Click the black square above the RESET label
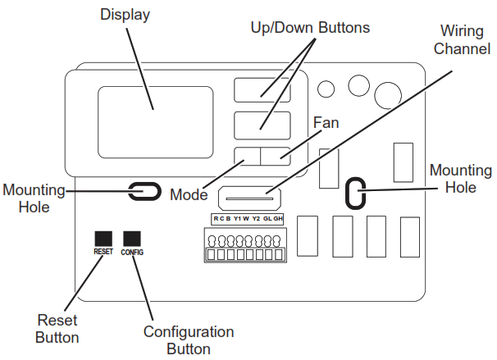pos(103,239)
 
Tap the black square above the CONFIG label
pos(132,239)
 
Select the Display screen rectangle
pos(155,122)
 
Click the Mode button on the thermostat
pos(247,157)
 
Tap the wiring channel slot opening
pos(249,198)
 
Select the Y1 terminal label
pos(237,219)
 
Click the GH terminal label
pos(278,219)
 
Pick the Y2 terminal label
pos(256,219)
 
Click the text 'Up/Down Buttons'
pos(310,28)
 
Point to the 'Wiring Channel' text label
pos(462,40)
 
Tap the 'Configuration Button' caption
pos(189,340)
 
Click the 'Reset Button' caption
pos(57,329)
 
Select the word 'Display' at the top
pos(125,15)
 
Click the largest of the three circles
pos(388,95)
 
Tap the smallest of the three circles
pos(326,89)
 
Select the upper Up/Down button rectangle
pos(262,90)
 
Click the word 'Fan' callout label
pos(326,123)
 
